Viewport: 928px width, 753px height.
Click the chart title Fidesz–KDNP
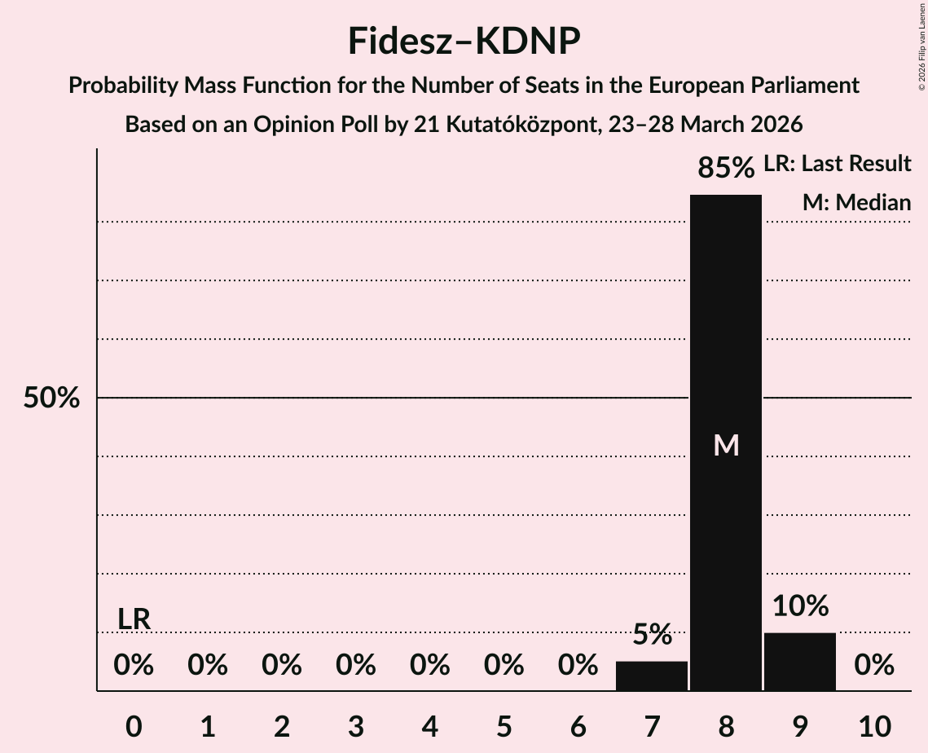pyautogui.click(x=464, y=41)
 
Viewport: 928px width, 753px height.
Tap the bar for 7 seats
pyautogui.click(x=652, y=676)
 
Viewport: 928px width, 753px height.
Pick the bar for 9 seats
pyautogui.click(x=799, y=661)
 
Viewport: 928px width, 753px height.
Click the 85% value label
pyautogui.click(x=726, y=168)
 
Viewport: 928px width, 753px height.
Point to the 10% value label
pyautogui.click(x=799, y=606)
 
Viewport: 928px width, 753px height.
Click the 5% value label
pyautogui.click(x=652, y=635)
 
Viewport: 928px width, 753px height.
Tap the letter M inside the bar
pyautogui.click(x=726, y=445)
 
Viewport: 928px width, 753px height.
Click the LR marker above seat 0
pyautogui.click(x=134, y=619)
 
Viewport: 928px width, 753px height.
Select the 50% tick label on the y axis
pyautogui.click(x=51, y=399)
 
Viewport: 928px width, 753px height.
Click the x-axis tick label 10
pyautogui.click(x=873, y=726)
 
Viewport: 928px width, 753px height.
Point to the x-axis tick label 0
pyautogui.click(x=134, y=726)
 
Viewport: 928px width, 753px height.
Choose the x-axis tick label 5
pyautogui.click(x=504, y=726)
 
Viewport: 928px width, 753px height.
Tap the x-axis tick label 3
pyautogui.click(x=356, y=726)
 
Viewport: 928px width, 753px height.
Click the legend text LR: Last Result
pyautogui.click(x=837, y=164)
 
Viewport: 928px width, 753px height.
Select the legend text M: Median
pyautogui.click(x=856, y=202)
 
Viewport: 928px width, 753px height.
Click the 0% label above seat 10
pyautogui.click(x=873, y=666)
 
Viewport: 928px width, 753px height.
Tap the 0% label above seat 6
pyautogui.click(x=578, y=666)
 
